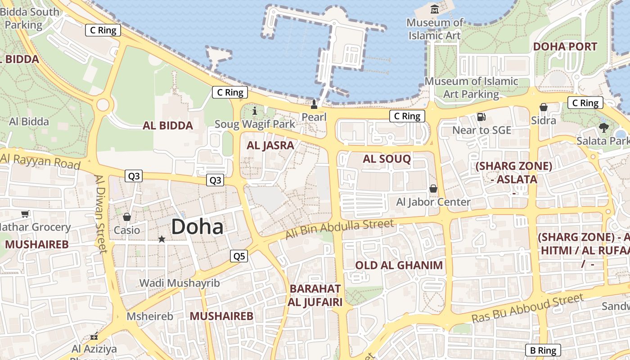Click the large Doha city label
(x=197, y=227)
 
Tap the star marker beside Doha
(x=162, y=239)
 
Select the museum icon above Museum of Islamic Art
(x=435, y=9)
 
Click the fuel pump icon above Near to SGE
(x=481, y=117)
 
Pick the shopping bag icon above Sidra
(x=544, y=107)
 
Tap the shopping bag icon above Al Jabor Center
(x=433, y=189)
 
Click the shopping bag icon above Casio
(x=127, y=217)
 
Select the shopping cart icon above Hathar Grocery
(x=25, y=214)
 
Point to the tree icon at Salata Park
(x=603, y=128)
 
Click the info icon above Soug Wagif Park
(x=255, y=111)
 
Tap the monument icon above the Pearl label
(x=314, y=104)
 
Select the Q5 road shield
(x=239, y=256)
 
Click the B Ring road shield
(x=543, y=350)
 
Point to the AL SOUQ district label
(x=387, y=159)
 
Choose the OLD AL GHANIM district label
(x=399, y=265)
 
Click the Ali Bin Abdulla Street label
(x=340, y=229)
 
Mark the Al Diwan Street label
(x=101, y=214)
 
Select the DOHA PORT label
(x=565, y=47)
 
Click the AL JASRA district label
(x=270, y=145)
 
